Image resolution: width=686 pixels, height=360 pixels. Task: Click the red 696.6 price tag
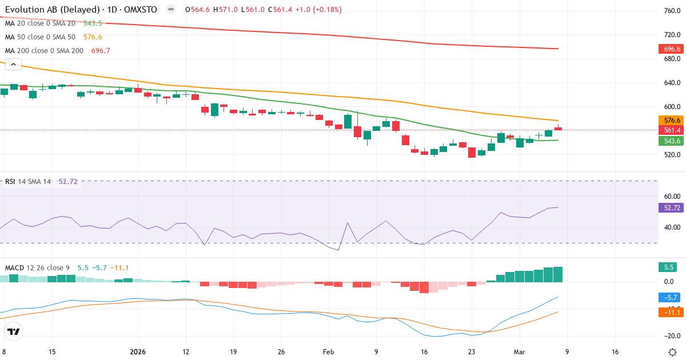click(671, 49)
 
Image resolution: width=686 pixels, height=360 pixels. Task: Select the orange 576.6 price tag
click(671, 121)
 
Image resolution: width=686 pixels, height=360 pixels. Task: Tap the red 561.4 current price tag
click(671, 130)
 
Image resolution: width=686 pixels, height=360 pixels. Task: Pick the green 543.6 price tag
click(671, 141)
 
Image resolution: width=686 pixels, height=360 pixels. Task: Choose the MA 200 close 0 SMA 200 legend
click(45, 51)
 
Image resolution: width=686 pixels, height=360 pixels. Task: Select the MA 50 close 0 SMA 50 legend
click(40, 37)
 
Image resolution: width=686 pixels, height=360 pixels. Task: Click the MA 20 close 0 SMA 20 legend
click(40, 23)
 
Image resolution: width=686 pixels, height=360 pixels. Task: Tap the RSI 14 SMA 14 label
click(28, 182)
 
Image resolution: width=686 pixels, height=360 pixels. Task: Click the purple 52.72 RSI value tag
click(671, 208)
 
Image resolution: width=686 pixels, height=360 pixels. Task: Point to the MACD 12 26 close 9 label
click(37, 267)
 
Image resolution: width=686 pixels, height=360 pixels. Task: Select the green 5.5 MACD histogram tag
click(666, 267)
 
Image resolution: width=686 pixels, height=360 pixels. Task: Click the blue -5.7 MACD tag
click(668, 297)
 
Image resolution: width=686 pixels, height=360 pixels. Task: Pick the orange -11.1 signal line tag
click(669, 312)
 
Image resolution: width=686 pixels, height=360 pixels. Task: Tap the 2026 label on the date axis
click(138, 352)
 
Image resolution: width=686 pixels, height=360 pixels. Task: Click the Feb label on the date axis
click(329, 352)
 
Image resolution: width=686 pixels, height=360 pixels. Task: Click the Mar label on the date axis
click(519, 352)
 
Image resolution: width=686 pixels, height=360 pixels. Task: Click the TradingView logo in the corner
click(14, 331)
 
